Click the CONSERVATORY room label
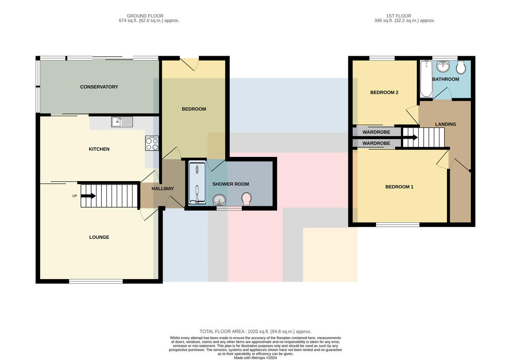99,87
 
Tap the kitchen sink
122,122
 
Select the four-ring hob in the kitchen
152,143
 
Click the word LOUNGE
99,237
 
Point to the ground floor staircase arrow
88,196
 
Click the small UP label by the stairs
75,196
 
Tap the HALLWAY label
163,189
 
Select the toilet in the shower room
247,199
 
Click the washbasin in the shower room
219,200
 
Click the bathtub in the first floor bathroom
426,79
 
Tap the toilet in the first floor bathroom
461,67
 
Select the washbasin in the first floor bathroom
443,66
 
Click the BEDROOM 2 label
384,92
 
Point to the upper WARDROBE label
376,132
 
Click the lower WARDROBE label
376,143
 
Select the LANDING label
445,124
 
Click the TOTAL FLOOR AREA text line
255,331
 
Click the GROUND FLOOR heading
145,16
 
